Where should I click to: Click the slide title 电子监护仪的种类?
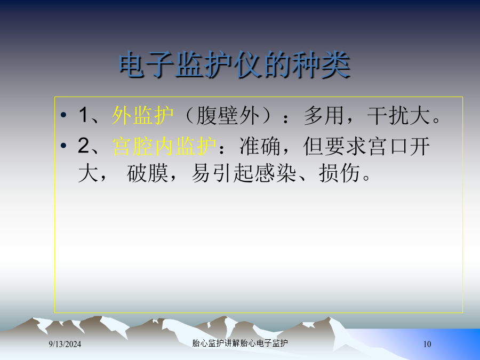pyautogui.click(x=235, y=65)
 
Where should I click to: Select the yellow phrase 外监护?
pyautogui.click(x=142, y=115)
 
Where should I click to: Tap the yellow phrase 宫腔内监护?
pyautogui.click(x=164, y=146)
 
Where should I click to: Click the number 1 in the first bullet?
pyautogui.click(x=83, y=115)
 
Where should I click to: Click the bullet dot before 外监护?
pyautogui.click(x=63, y=115)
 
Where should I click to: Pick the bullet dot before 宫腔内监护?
pyautogui.click(x=63, y=146)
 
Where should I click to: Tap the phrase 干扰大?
pyautogui.click(x=398, y=116)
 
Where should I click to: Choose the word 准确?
pyautogui.click(x=260, y=146)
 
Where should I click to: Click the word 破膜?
pyautogui.click(x=148, y=173)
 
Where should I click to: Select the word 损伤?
pyautogui.click(x=339, y=173)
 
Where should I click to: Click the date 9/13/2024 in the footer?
pyautogui.click(x=65, y=344)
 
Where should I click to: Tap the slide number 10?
pyautogui.click(x=427, y=344)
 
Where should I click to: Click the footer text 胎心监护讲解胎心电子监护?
pyautogui.click(x=240, y=343)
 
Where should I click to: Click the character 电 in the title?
pyautogui.click(x=132, y=65)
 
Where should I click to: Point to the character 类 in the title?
pyautogui.click(x=336, y=65)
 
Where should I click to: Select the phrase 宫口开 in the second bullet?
pyautogui.click(x=400, y=146)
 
